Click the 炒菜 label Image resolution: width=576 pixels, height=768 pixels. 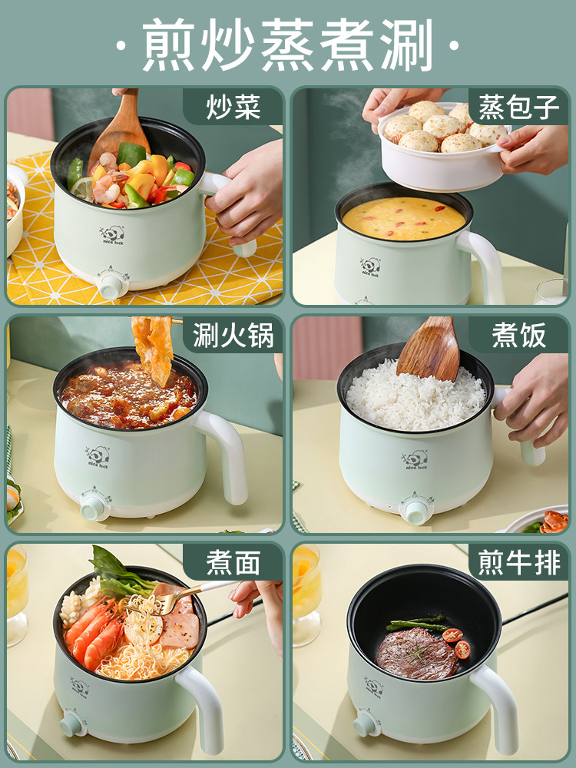coord(233,108)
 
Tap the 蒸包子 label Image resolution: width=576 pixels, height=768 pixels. coord(518,108)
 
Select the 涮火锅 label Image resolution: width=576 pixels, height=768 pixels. coord(233,336)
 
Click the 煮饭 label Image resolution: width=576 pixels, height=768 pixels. coord(518,336)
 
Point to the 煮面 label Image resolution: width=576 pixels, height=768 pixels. coord(233,563)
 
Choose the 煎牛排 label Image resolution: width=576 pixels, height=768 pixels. coord(518,563)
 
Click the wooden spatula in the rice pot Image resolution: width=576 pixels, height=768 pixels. coord(430,349)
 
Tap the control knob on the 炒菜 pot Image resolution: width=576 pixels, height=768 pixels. coord(111,286)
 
